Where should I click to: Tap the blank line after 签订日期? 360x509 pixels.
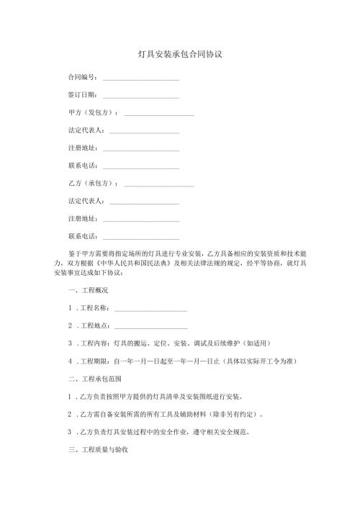(x=141, y=95)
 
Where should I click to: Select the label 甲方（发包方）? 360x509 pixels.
(x=92, y=113)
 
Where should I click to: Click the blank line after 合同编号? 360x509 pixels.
(x=141, y=77)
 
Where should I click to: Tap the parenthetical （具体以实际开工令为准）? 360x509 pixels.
(x=260, y=361)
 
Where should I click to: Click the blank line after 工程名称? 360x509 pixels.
(x=150, y=308)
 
